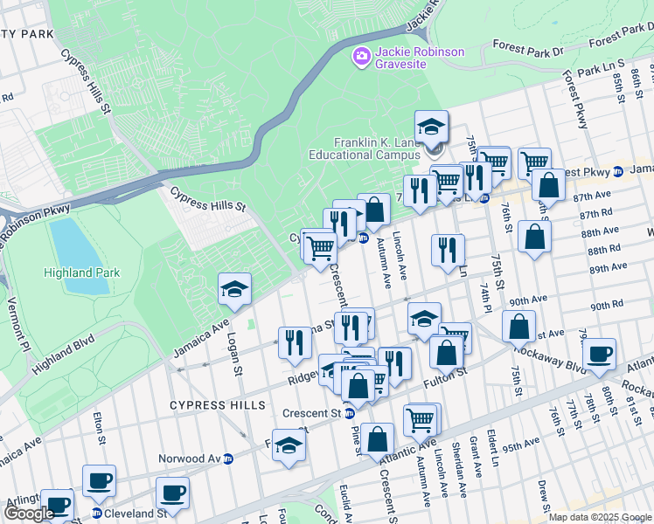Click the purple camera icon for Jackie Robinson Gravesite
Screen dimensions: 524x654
click(361, 57)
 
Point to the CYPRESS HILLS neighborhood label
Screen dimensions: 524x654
click(217, 406)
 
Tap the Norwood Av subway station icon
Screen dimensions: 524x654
click(229, 458)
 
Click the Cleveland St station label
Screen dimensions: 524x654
click(136, 514)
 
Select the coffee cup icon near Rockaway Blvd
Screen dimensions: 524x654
click(599, 354)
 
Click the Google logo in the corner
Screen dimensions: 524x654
click(28, 514)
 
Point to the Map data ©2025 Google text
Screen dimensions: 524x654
click(599, 517)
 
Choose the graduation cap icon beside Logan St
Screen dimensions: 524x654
click(234, 289)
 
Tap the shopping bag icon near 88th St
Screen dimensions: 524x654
click(534, 236)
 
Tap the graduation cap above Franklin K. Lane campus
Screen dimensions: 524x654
click(431, 127)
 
